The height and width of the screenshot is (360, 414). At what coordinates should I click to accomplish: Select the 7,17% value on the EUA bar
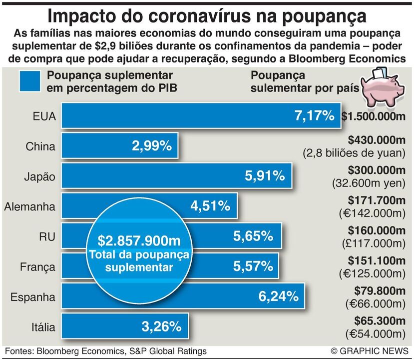click(x=314, y=116)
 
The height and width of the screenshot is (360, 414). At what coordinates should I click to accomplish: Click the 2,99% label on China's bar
click(x=152, y=146)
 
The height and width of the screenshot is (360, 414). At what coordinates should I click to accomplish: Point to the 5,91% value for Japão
click(x=265, y=176)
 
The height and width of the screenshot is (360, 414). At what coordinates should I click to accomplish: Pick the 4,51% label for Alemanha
click(x=210, y=206)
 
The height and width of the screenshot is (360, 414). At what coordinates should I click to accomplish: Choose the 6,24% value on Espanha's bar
click(x=278, y=296)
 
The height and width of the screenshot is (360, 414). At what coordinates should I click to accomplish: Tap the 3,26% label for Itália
click(x=161, y=327)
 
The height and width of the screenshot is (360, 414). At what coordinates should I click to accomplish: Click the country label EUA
click(x=44, y=117)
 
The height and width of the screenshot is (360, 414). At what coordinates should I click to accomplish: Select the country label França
click(x=37, y=267)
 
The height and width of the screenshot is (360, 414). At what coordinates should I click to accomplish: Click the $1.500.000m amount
click(x=373, y=117)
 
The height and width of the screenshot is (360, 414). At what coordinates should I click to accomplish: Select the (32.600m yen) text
click(x=369, y=183)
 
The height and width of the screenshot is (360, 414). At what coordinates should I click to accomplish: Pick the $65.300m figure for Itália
click(x=380, y=320)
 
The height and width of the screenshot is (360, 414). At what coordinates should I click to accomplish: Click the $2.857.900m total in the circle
click(x=139, y=241)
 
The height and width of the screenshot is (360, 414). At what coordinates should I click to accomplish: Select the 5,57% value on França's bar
click(x=253, y=266)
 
